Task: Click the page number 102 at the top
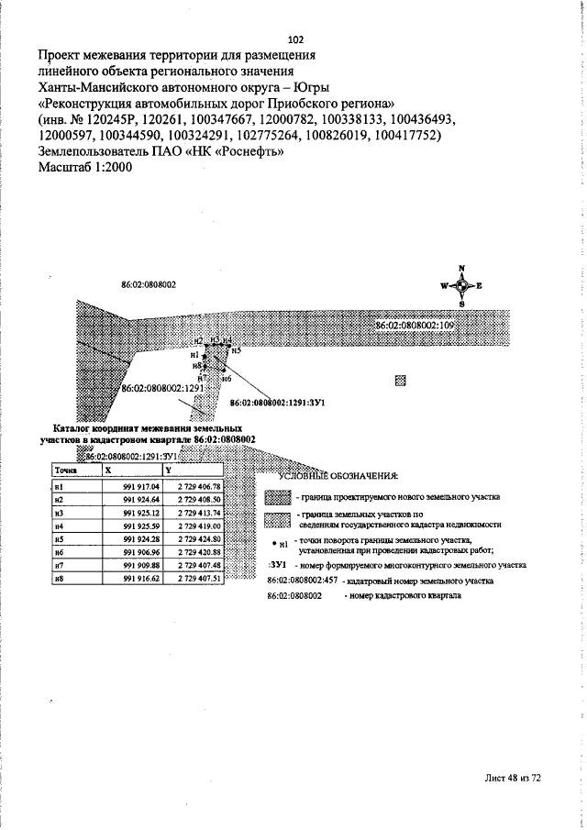pos(295,39)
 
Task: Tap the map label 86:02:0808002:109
pos(415,326)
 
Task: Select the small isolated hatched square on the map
pos(400,379)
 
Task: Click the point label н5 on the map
pos(236,350)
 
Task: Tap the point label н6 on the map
pos(226,378)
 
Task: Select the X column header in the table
pos(108,470)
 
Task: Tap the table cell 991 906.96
pos(141,553)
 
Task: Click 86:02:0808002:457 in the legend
pos(302,581)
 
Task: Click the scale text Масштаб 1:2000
pos(86,168)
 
